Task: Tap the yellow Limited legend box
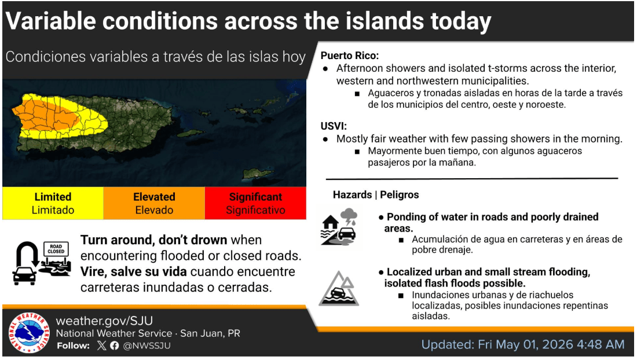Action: click(x=53, y=203)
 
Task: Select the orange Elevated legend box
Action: click(x=155, y=203)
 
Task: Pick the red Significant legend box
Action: click(x=255, y=203)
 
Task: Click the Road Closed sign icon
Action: click(x=56, y=249)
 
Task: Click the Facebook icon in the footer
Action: click(x=115, y=346)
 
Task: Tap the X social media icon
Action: click(x=101, y=346)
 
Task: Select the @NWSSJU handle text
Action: click(x=147, y=346)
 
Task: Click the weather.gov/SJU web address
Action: click(x=104, y=321)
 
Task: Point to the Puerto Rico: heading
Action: click(x=350, y=56)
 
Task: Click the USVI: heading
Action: click(x=334, y=126)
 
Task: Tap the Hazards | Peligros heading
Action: click(x=376, y=195)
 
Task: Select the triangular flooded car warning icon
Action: click(x=339, y=289)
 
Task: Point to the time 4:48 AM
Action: click(x=601, y=344)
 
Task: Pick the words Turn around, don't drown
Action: click(x=153, y=240)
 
